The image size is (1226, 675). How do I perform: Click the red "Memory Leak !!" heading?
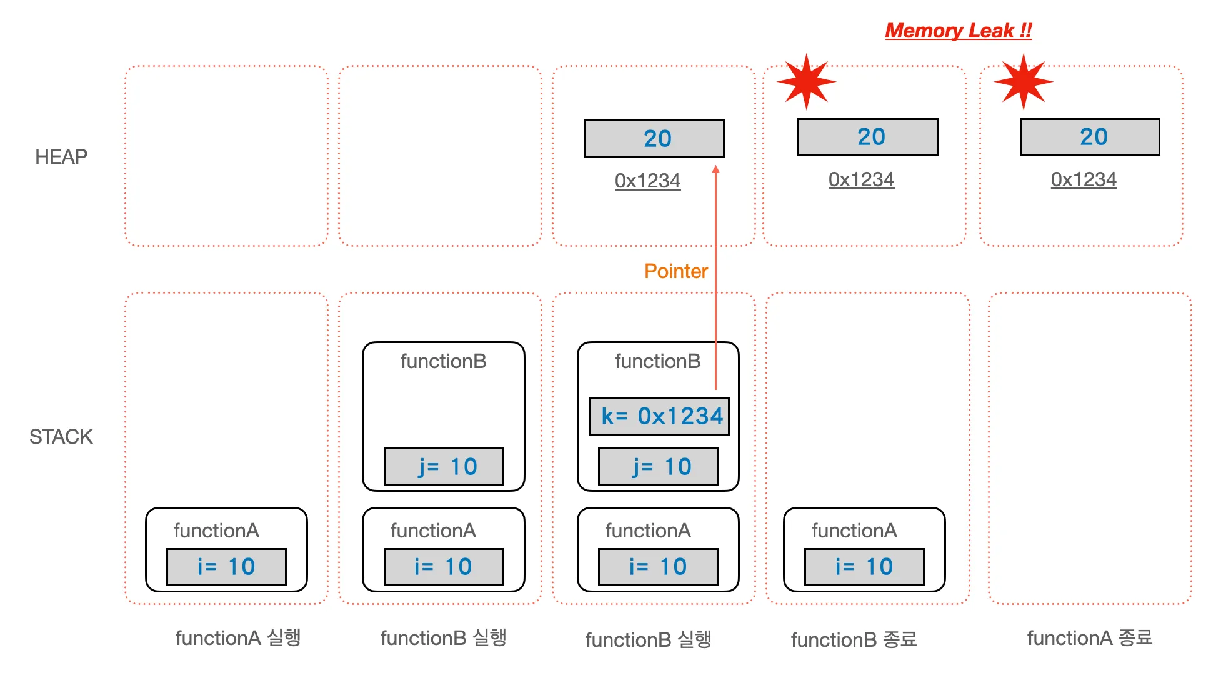tap(958, 31)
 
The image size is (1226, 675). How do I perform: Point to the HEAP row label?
tap(61, 157)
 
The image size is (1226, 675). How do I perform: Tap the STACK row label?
tap(61, 437)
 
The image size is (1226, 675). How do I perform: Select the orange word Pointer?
tap(675, 271)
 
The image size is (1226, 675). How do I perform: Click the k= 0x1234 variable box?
tap(659, 416)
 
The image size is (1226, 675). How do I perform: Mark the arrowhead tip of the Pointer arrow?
tap(716, 168)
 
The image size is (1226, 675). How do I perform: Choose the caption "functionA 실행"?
tap(238, 638)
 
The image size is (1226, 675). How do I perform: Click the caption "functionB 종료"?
tap(854, 639)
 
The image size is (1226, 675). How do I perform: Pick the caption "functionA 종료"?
tap(1089, 638)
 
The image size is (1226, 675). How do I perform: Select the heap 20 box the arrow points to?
tap(654, 138)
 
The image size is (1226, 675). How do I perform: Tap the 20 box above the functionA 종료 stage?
tap(1090, 137)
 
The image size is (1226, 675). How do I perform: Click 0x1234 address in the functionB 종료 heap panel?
tap(861, 180)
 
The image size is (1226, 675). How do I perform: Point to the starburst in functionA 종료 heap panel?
tap(1023, 82)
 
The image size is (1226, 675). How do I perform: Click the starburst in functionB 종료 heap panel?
tap(806, 82)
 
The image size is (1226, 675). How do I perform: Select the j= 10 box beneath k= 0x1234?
tap(658, 466)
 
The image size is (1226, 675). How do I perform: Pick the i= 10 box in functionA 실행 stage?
tap(226, 567)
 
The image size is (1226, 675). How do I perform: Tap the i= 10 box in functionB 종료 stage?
tap(864, 567)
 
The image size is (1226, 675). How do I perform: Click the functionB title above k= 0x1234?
tap(657, 361)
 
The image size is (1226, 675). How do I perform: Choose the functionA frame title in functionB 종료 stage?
tap(854, 531)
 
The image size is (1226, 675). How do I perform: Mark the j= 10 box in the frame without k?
tap(444, 466)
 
